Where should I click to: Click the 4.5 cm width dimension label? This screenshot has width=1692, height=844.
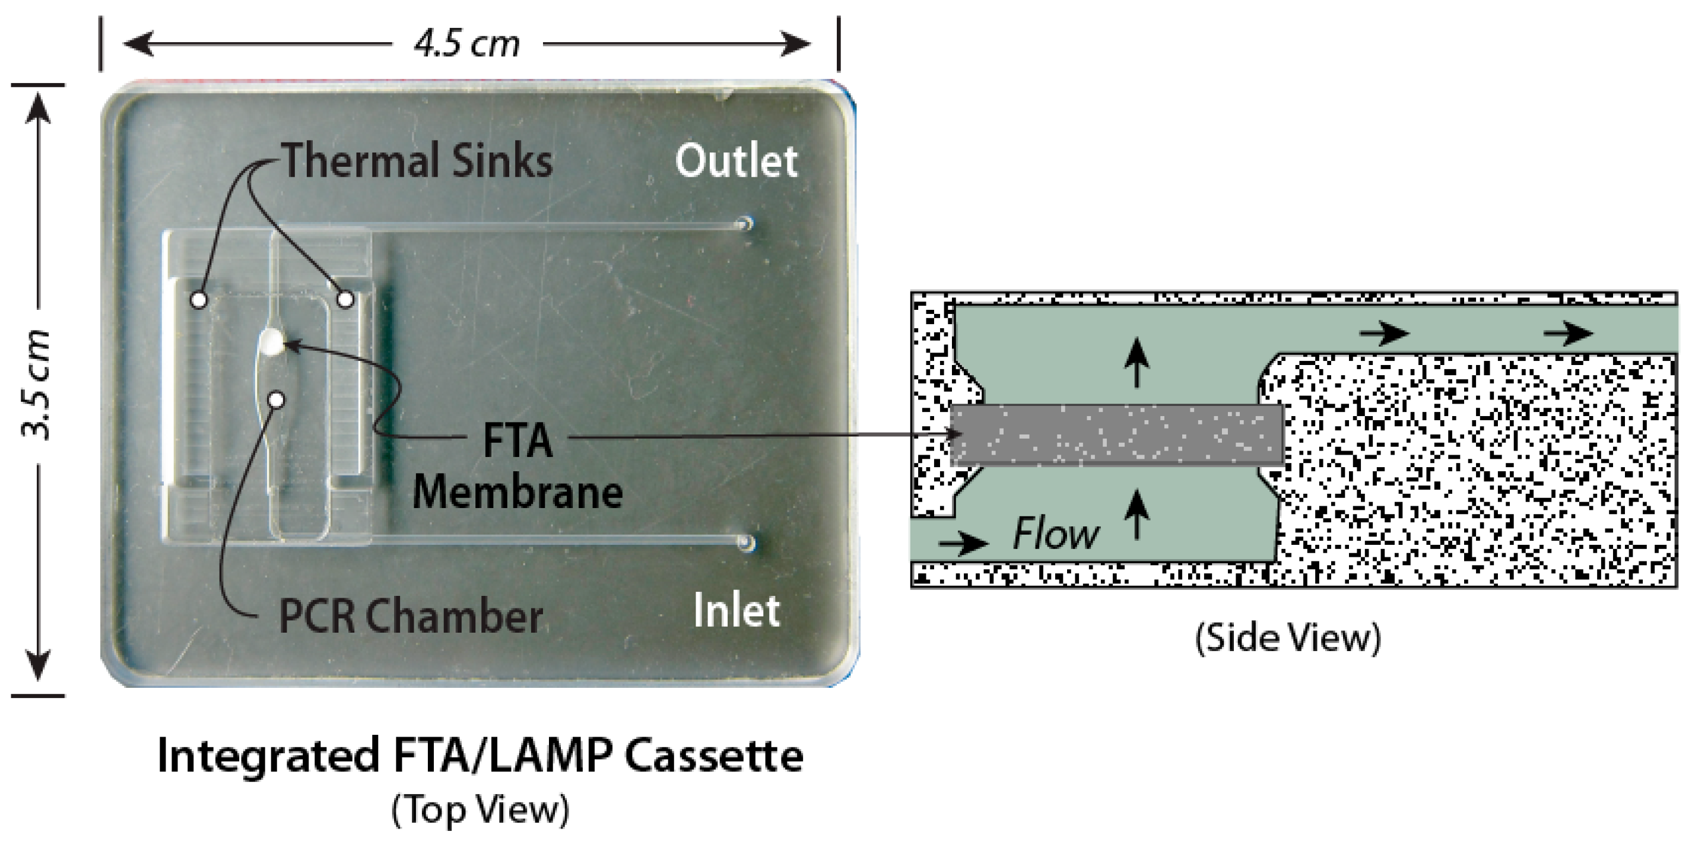[x=466, y=45]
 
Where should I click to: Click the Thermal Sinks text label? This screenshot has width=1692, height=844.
[x=418, y=161]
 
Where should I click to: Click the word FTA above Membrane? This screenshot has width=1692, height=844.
[x=518, y=440]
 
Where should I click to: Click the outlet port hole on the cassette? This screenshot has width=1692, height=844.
[x=746, y=223]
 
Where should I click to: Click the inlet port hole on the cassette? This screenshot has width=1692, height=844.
[x=746, y=542]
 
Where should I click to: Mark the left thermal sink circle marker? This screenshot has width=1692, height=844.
[x=199, y=300]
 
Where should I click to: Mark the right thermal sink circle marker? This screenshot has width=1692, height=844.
[x=345, y=300]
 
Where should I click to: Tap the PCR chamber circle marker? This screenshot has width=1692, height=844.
[x=277, y=399]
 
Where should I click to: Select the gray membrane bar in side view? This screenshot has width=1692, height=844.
[x=1116, y=436]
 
